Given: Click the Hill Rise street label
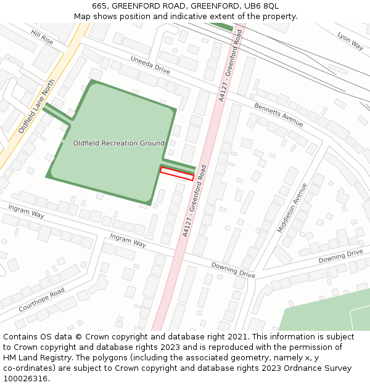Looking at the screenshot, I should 43,38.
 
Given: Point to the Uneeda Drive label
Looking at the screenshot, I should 149,65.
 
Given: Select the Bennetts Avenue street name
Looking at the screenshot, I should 279,115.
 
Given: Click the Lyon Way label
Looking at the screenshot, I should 350,41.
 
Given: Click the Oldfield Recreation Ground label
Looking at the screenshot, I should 119,143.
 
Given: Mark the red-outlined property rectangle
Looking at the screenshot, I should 177,174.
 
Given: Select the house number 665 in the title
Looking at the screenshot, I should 99,6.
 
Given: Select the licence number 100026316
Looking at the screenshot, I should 25,378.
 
